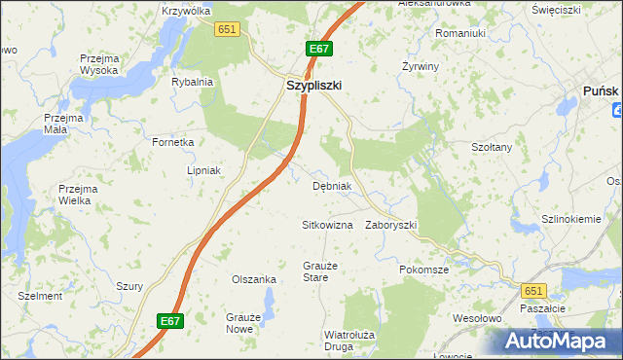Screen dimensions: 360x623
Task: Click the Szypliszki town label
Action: click(x=313, y=86)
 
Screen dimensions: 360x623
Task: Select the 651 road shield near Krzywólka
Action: click(x=227, y=30)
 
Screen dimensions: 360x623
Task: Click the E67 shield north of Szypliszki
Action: click(x=319, y=48)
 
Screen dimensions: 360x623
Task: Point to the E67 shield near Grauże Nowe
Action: click(x=170, y=319)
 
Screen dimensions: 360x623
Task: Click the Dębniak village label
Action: click(x=331, y=186)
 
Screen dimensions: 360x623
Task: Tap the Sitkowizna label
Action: click(x=326, y=225)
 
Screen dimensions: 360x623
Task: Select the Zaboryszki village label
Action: click(x=391, y=225)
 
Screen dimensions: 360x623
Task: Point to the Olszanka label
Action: click(x=253, y=279)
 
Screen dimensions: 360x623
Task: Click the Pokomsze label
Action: click(x=423, y=270)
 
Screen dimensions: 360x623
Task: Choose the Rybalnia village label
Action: click(x=192, y=82)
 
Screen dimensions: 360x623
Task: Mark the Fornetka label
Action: click(x=173, y=142)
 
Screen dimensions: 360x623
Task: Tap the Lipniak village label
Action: click(x=204, y=170)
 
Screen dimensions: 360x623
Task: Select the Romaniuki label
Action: click(x=459, y=33)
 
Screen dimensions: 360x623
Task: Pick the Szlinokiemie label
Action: click(x=571, y=219)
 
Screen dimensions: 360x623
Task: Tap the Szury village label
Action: click(x=129, y=286)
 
